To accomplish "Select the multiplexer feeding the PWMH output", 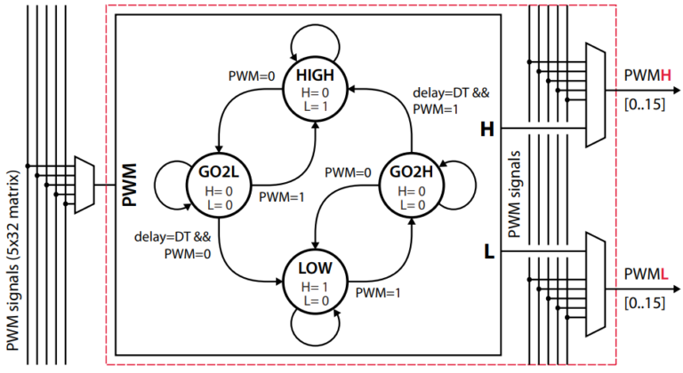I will click(x=594, y=94).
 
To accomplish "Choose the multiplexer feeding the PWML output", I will click(x=594, y=282).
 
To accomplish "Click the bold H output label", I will click(x=486, y=130).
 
